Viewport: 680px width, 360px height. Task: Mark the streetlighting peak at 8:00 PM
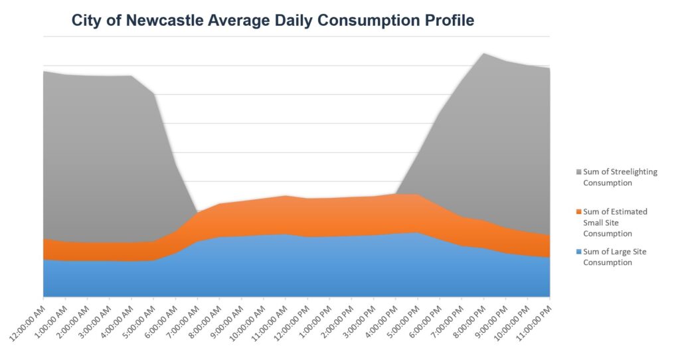[x=484, y=53]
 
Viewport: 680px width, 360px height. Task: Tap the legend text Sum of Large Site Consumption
[x=614, y=257]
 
